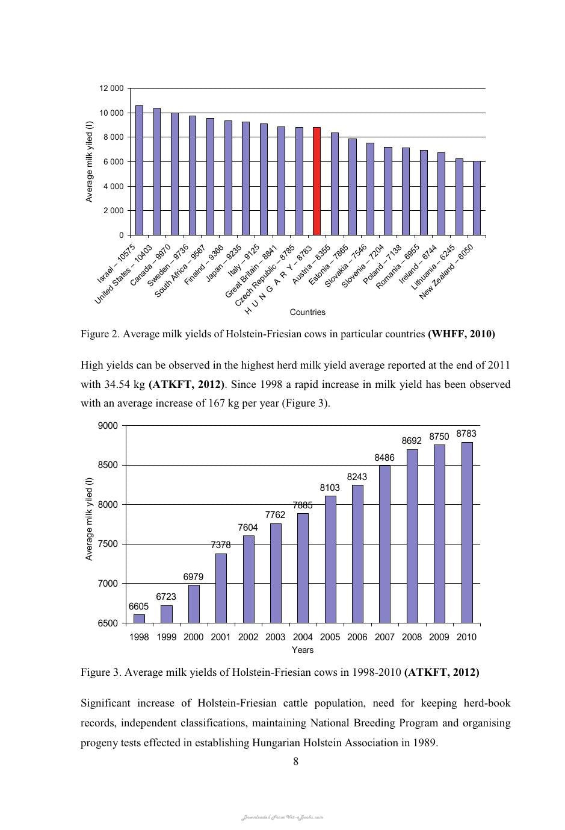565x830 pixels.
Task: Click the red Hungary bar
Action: coord(316,181)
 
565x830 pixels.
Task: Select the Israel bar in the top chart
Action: coord(139,170)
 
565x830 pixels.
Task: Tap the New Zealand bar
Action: coord(477,198)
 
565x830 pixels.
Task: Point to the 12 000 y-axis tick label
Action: coord(111,88)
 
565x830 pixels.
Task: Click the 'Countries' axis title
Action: coord(307,312)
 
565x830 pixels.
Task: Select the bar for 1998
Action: coord(139,619)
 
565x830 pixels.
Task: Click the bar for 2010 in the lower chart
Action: coord(467,532)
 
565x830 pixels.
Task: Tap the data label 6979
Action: coord(193,576)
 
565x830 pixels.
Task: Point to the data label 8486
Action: coord(384,458)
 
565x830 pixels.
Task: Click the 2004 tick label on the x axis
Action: coord(303,637)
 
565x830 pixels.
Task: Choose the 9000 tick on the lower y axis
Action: coord(108,426)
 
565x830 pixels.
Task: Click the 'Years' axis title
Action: coord(303,650)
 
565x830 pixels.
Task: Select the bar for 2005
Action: coord(330,560)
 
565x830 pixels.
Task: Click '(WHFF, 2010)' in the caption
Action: coord(462,334)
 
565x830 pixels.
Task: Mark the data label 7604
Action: coord(248,527)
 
